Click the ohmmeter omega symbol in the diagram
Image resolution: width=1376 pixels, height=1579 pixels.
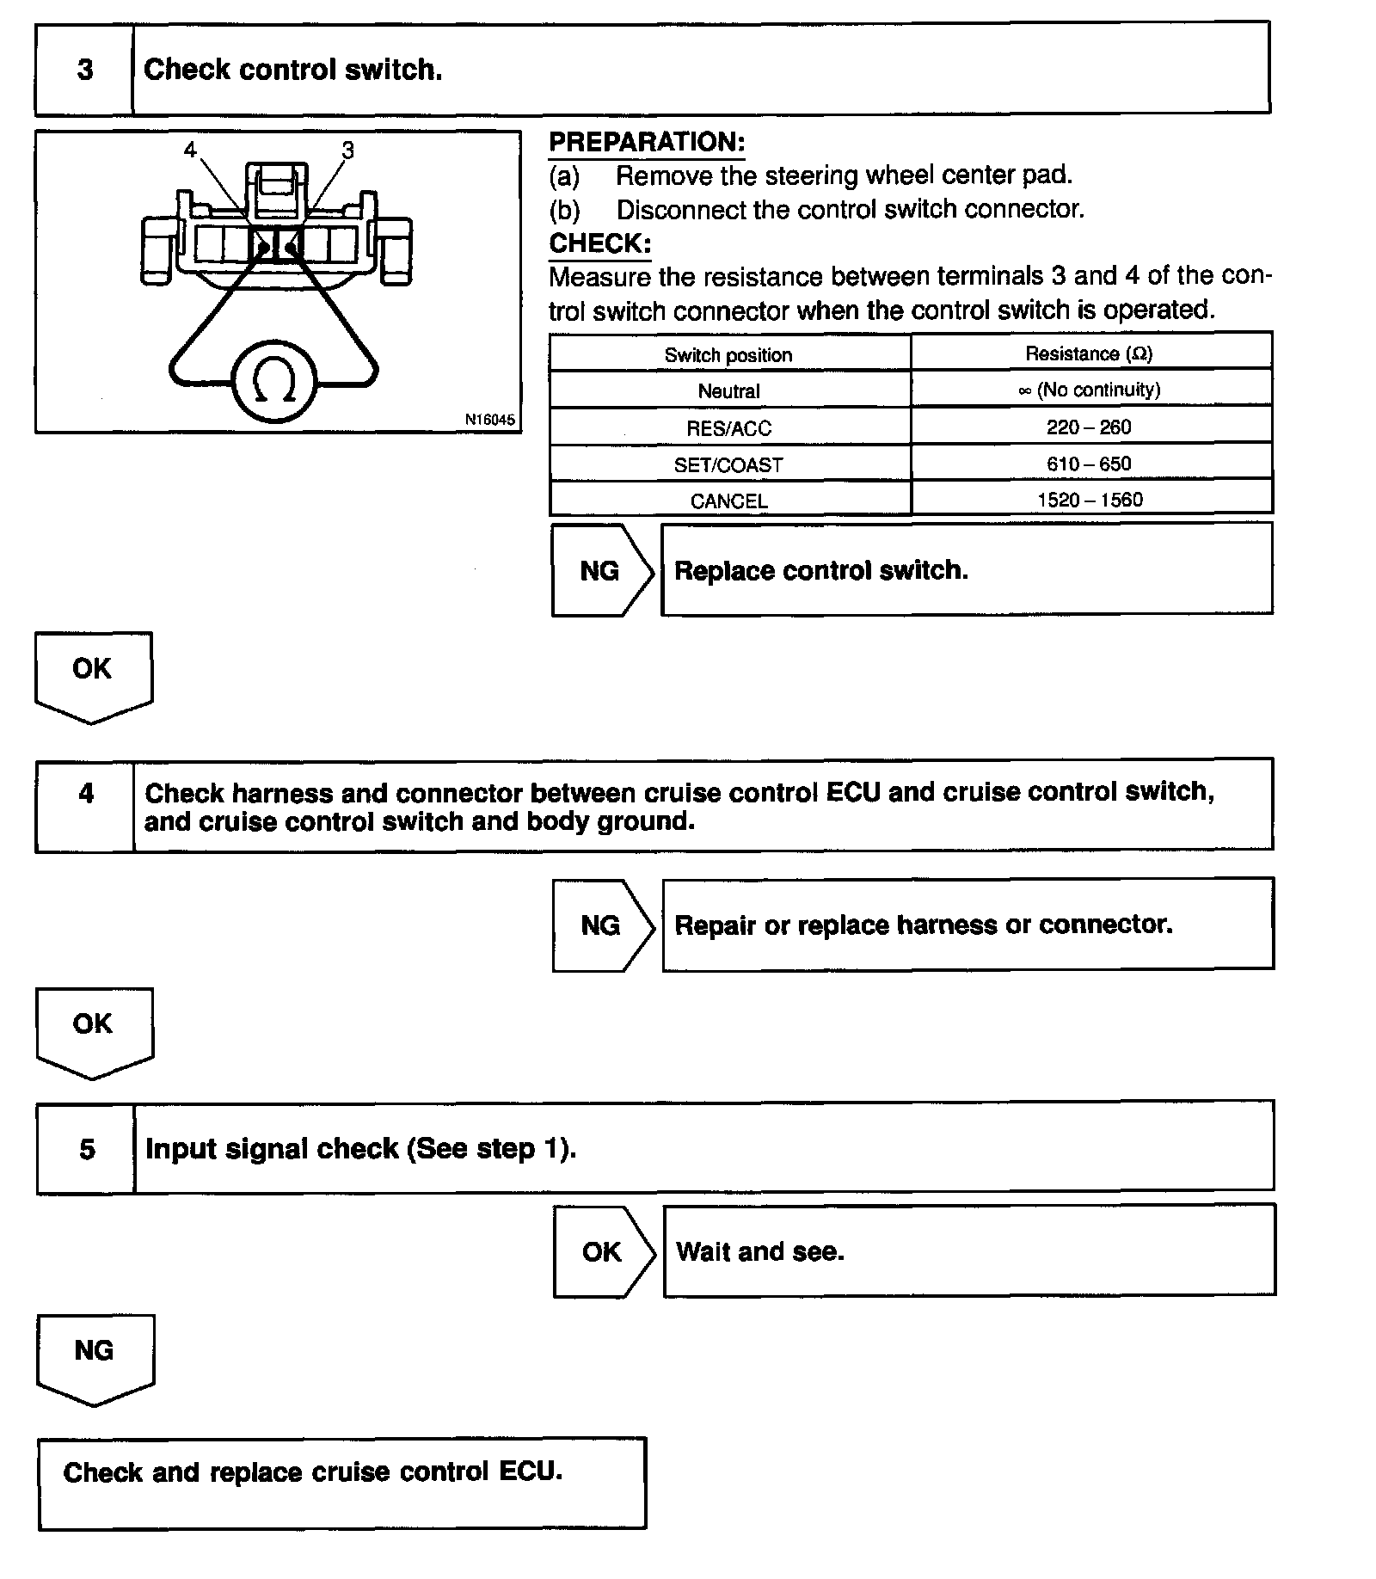click(275, 381)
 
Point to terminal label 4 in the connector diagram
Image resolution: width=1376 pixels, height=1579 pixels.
click(190, 150)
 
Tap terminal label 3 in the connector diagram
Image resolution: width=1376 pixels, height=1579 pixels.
click(347, 151)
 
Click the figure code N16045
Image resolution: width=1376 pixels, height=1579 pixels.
click(489, 420)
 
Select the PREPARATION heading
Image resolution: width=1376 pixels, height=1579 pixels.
click(647, 142)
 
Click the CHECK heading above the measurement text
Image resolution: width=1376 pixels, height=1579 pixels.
click(600, 243)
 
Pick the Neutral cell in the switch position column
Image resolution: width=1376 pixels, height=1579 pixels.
click(728, 391)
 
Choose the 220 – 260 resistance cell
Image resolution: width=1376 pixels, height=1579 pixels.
click(1089, 427)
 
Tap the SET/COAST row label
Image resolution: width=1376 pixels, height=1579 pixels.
click(728, 465)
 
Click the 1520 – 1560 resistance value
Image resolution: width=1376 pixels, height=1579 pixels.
click(1090, 500)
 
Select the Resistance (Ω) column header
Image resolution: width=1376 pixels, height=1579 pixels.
click(1089, 353)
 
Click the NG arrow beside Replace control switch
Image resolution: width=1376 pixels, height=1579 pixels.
click(600, 571)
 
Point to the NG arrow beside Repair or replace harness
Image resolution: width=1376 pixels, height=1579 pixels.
click(601, 925)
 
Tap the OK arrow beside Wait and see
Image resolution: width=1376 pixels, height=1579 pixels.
click(602, 1251)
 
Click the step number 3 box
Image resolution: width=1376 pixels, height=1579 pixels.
click(85, 70)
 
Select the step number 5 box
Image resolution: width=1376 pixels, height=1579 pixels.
click(87, 1149)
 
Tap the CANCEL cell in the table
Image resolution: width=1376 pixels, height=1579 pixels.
click(728, 501)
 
